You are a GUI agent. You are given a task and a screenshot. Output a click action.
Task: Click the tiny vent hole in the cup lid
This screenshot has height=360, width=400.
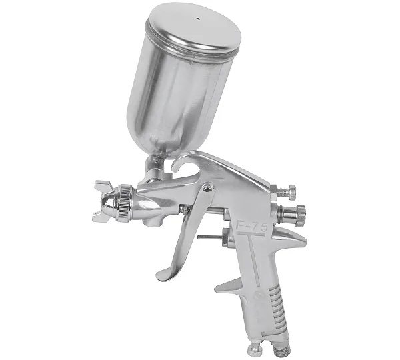[x=198, y=19]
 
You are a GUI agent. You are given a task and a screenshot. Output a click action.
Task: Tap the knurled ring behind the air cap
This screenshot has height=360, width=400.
[x=124, y=202]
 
